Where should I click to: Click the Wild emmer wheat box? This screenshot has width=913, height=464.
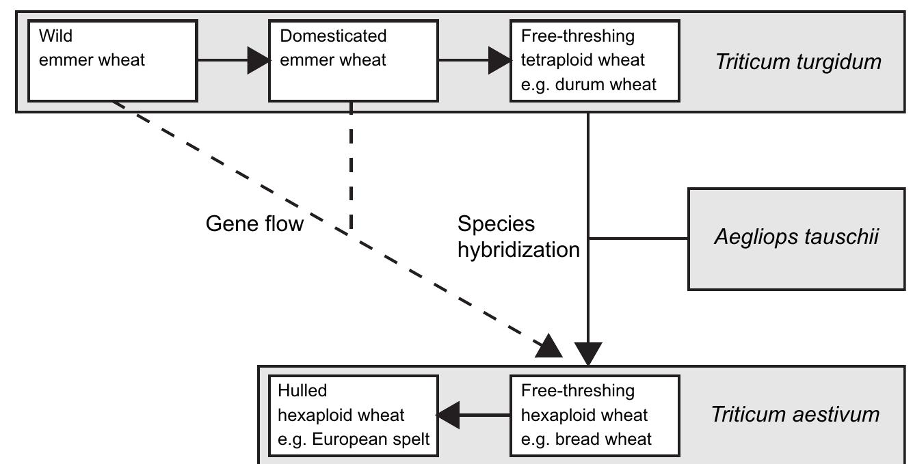coord(112,61)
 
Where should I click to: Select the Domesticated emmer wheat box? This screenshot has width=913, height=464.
coord(353,61)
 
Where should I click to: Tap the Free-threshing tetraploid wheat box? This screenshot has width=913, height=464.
coord(594,61)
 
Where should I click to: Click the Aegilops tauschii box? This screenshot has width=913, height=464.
coord(796,238)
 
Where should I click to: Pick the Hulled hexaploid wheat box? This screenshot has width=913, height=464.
coord(354,415)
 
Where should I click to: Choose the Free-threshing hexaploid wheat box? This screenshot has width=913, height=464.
coord(594,415)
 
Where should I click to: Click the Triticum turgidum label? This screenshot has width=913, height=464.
coord(798,62)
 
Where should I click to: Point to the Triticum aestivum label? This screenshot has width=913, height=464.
coord(795,414)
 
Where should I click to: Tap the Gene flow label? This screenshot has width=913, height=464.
coord(254,223)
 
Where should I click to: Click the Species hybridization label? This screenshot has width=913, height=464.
coord(518,236)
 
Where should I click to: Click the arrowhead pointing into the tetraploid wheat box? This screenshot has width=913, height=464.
coord(499,61)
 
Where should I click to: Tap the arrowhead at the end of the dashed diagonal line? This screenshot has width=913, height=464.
coord(549,347)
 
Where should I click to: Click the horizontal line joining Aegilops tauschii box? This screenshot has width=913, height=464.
coord(637,238)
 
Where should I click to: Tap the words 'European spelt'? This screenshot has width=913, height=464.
coord(370,439)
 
